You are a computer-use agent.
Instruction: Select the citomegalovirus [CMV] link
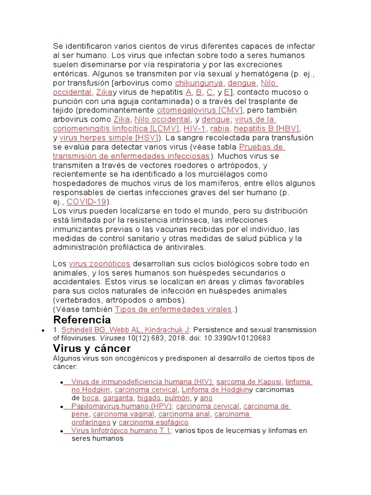coord(200,110)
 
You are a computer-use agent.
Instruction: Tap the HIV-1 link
coord(194,129)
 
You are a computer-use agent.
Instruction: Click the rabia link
coord(220,129)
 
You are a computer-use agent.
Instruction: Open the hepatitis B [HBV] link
coord(266,129)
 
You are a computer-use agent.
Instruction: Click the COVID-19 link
coord(86,202)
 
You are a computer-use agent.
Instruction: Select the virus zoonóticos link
coord(100,263)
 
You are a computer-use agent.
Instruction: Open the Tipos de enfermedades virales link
coord(174,309)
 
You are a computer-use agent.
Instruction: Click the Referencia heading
coord(82,320)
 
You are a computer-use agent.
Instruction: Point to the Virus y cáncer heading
coord(91,348)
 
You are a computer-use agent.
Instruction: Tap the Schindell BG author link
coord(84,330)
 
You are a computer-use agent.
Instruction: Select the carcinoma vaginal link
coord(124,414)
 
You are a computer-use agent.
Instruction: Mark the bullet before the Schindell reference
coord(44,330)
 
